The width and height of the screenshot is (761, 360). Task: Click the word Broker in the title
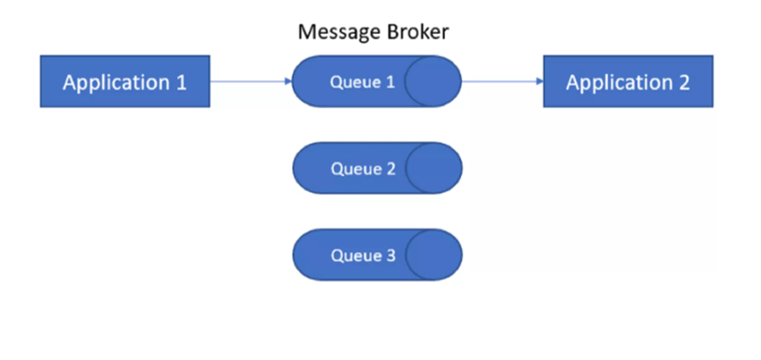click(418, 32)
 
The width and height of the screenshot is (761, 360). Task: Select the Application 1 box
click(125, 81)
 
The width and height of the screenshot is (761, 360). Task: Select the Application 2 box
click(628, 81)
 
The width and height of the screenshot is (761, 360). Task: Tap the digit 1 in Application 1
click(181, 82)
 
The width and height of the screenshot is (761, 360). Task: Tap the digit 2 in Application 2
click(684, 82)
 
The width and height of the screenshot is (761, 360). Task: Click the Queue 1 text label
click(362, 82)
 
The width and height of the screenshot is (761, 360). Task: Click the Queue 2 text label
click(363, 169)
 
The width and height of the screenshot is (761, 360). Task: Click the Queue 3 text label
click(363, 255)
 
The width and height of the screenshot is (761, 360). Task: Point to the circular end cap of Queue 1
click(433, 81)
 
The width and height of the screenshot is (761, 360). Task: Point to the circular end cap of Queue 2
click(434, 168)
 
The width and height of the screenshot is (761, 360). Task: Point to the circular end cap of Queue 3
click(434, 255)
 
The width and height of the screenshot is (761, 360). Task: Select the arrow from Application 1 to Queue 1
click(251, 81)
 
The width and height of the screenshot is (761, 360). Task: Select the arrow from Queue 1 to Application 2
click(503, 81)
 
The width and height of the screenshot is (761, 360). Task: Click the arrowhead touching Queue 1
click(288, 81)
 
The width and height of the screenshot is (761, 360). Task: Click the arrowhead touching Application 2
click(539, 81)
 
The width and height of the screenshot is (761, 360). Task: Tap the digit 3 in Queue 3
click(391, 255)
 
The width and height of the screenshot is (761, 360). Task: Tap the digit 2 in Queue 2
click(391, 169)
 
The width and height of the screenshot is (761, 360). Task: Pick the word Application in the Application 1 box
click(116, 83)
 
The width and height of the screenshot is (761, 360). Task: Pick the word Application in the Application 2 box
click(620, 83)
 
